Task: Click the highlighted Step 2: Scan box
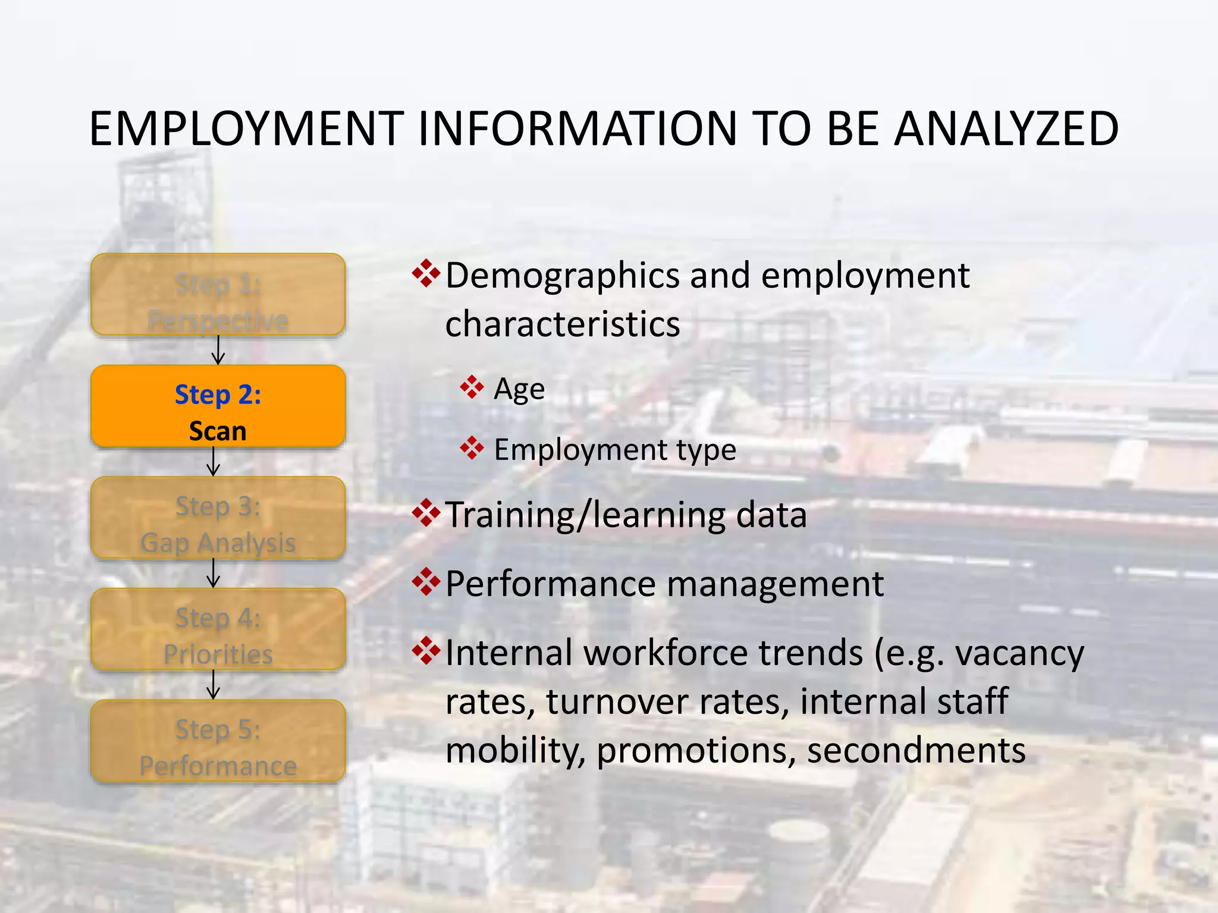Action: [218, 407]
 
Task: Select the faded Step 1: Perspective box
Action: [218, 295]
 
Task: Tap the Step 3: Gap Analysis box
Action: [218, 518]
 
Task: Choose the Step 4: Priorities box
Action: [218, 629]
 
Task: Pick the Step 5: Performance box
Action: [218, 741]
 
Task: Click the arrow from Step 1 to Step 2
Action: [218, 350]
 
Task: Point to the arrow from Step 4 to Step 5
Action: [214, 685]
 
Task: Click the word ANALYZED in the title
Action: [1006, 129]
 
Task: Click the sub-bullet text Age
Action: [519, 390]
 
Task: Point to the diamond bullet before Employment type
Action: [472, 448]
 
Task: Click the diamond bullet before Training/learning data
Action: [426, 513]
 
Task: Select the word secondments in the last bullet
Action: [916, 750]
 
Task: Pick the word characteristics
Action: [562, 325]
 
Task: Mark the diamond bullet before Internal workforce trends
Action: [426, 650]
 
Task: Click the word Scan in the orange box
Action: [218, 431]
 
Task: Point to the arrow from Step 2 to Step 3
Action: [214, 462]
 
